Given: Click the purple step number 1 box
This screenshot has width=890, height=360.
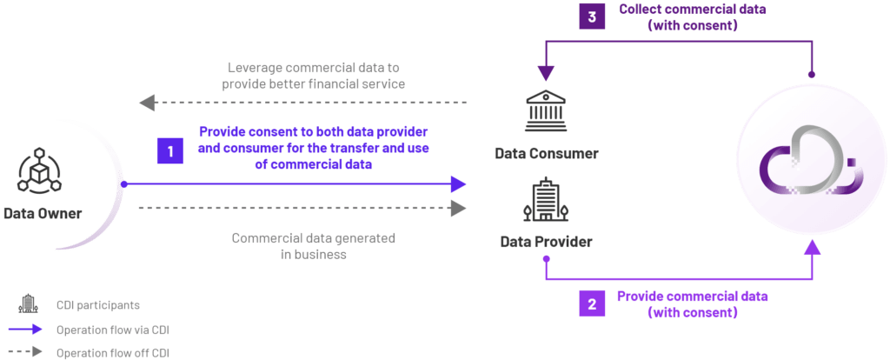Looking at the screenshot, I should [x=169, y=150].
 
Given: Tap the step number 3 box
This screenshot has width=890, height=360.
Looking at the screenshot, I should [x=593, y=15].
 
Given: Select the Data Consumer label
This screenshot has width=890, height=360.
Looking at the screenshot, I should [x=547, y=154].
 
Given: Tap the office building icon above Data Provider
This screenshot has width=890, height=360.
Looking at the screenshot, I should [x=545, y=200].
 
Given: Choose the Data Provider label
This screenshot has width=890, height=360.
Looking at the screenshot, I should [x=546, y=241].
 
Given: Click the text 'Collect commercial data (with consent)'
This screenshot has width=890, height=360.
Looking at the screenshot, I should [x=681, y=17].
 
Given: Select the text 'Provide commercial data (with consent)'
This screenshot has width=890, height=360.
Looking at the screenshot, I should [x=693, y=304].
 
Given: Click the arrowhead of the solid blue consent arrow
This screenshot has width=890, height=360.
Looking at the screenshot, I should [x=459, y=183].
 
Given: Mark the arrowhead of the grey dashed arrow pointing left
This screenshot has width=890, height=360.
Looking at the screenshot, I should [x=147, y=103].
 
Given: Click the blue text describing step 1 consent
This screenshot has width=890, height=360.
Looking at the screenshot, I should [x=315, y=148].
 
